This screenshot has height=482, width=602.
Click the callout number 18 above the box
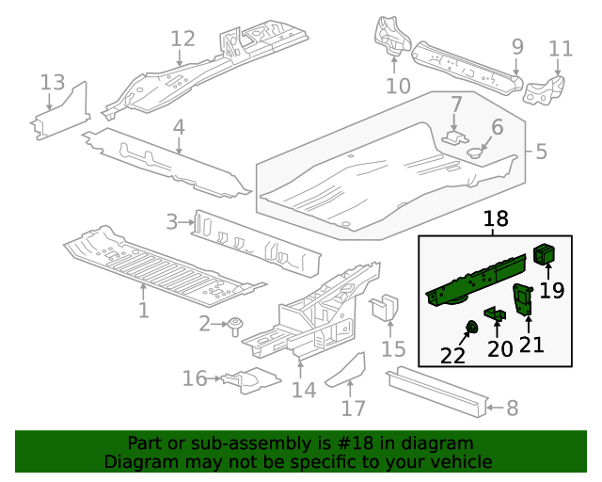pyautogui.click(x=495, y=219)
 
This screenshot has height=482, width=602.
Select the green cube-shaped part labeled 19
pyautogui.click(x=545, y=254)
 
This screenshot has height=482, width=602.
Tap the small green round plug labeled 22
pyautogui.click(x=472, y=328)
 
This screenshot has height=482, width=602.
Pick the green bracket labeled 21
pyautogui.click(x=523, y=300)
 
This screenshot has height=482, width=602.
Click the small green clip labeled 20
pyautogui.click(x=495, y=313)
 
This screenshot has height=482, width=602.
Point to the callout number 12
pyautogui.click(x=182, y=39)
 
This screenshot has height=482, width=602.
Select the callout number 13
pyautogui.click(x=53, y=83)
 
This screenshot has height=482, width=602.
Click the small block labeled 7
pyautogui.click(x=455, y=137)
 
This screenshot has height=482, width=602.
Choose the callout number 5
pyautogui.click(x=541, y=151)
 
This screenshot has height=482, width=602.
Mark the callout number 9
pyautogui.click(x=516, y=45)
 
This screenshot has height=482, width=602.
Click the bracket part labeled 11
pyautogui.click(x=545, y=91)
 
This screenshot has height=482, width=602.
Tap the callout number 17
pyautogui.click(x=353, y=409)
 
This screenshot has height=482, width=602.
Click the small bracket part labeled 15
pyautogui.click(x=385, y=308)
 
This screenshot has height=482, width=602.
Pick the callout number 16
pyautogui.click(x=195, y=378)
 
